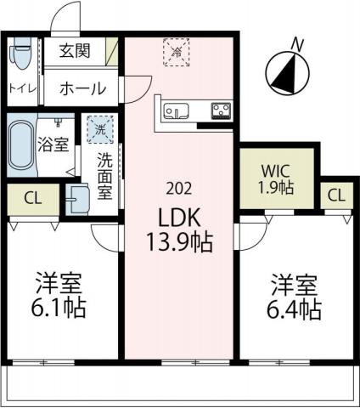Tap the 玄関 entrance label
(x=75, y=51)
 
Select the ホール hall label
(x=82, y=88)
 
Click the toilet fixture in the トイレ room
(x=20, y=55)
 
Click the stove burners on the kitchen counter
(x=223, y=110)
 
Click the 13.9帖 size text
(x=178, y=241)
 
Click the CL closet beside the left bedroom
(x=33, y=199)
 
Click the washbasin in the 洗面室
(x=78, y=197)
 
